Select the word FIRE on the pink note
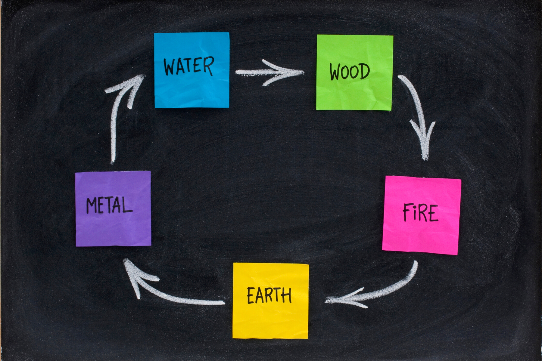pyautogui.click(x=420, y=213)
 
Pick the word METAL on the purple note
pyautogui.click(x=109, y=205)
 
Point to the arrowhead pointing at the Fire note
pyautogui.click(x=425, y=144)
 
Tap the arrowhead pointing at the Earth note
pyautogui.click(x=337, y=299)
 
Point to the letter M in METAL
pyautogui.click(x=92, y=206)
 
